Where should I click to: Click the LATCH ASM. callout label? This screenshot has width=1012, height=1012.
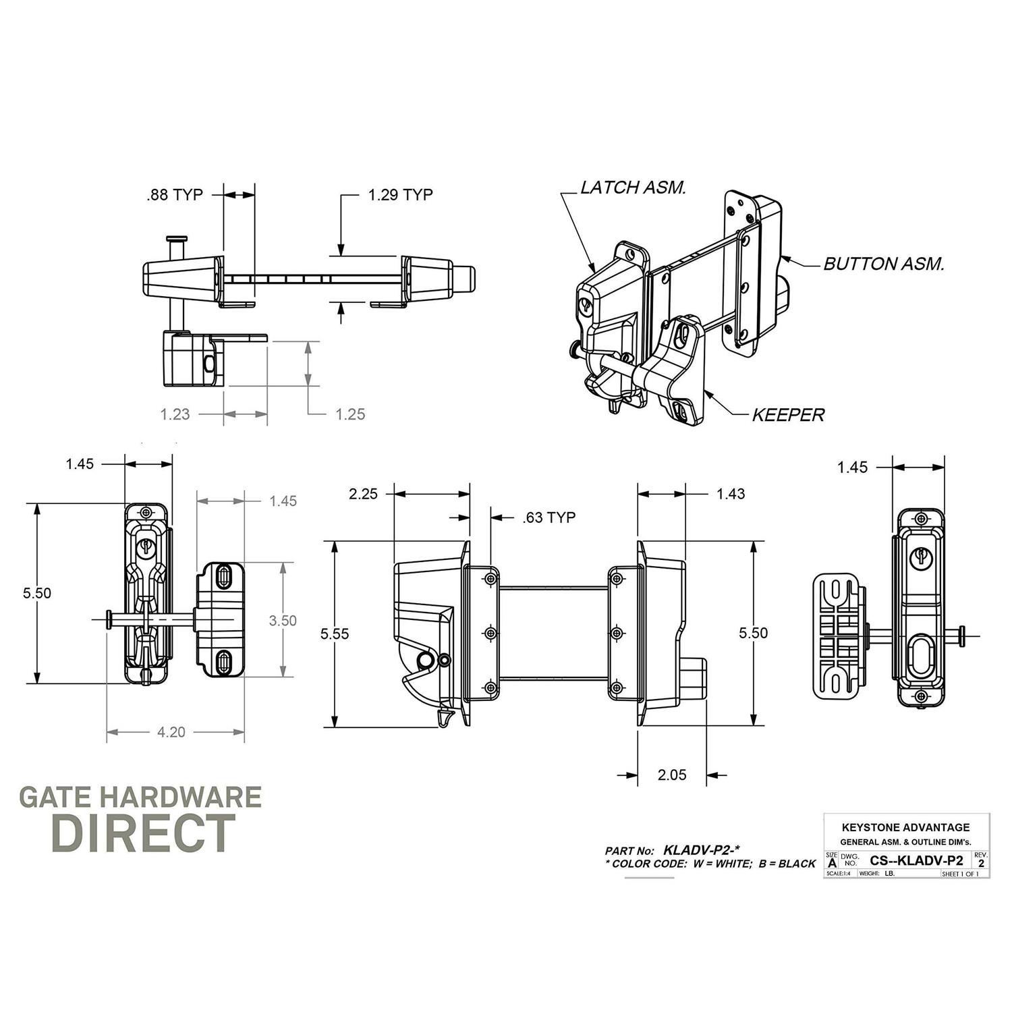click(633, 188)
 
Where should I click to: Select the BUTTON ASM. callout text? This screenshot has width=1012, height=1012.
click(883, 264)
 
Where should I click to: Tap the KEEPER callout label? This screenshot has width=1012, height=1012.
click(788, 415)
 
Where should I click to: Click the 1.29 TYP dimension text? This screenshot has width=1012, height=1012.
click(400, 195)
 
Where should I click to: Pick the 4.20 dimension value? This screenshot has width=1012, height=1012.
click(171, 732)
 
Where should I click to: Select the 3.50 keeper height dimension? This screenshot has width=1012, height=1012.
click(282, 621)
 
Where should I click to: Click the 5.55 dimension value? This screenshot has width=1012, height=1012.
click(335, 634)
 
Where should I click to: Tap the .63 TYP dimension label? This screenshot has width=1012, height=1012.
click(549, 517)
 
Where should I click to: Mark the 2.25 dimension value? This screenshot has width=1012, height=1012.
click(363, 494)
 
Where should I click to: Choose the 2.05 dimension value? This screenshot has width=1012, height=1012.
click(672, 775)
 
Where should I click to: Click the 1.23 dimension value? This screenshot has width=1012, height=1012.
click(175, 414)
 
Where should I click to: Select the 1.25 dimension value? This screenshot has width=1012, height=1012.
click(350, 414)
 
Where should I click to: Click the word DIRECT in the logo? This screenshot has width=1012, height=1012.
click(143, 833)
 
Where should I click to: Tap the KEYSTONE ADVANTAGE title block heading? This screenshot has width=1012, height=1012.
click(905, 827)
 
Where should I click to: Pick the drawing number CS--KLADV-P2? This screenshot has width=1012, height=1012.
click(916, 860)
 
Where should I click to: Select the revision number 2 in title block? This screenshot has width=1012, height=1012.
click(981, 864)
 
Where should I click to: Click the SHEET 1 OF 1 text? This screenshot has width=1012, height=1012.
click(959, 874)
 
